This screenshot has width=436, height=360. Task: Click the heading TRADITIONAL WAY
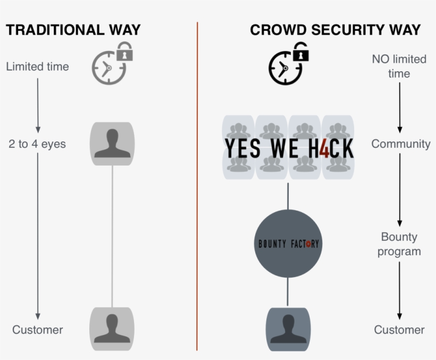click(x=73, y=30)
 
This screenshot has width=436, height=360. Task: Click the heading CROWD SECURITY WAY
click(x=335, y=30)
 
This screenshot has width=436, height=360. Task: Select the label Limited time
click(x=37, y=66)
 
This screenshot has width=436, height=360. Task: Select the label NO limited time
click(x=399, y=66)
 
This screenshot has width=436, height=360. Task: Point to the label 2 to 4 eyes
click(x=37, y=144)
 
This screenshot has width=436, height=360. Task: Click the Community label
click(x=400, y=144)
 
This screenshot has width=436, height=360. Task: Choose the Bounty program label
click(x=399, y=244)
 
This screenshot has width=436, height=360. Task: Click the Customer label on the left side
click(x=37, y=330)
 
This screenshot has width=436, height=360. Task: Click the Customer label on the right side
click(x=399, y=330)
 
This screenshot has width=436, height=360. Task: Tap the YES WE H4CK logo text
click(x=288, y=148)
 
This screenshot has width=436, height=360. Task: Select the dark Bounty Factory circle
click(x=288, y=244)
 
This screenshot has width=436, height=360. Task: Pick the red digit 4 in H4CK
click(x=325, y=148)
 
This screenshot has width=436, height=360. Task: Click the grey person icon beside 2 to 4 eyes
click(x=112, y=144)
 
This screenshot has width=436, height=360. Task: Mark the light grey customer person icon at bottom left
click(x=112, y=329)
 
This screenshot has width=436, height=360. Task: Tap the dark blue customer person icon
click(x=288, y=329)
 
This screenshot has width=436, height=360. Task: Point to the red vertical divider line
click(x=197, y=186)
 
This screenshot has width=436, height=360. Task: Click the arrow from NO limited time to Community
click(x=400, y=106)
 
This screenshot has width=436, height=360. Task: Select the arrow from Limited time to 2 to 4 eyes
click(x=38, y=104)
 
